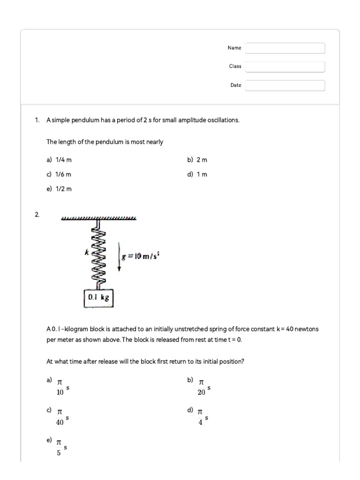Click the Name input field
(x=285, y=48)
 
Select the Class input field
(x=285, y=67)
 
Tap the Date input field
(x=285, y=85)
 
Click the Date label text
(x=236, y=85)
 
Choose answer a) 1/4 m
(x=59, y=160)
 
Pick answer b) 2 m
(x=197, y=160)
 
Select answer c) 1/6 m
(x=59, y=174)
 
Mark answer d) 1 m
(x=197, y=174)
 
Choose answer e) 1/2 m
(x=59, y=189)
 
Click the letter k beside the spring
(x=86, y=252)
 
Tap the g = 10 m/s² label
(x=141, y=256)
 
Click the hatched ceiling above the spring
(x=99, y=218)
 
